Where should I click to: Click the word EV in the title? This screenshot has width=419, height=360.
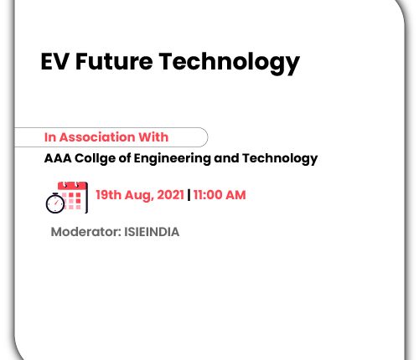pyautogui.click(x=54, y=61)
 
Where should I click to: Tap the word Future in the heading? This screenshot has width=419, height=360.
pyautogui.click(x=114, y=61)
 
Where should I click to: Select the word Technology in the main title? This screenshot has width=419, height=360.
pyautogui.click(x=230, y=63)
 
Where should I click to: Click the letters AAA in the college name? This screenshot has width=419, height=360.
pyautogui.click(x=58, y=158)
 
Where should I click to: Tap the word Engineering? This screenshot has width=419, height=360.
pyautogui.click(x=172, y=159)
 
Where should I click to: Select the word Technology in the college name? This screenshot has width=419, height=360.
pyautogui.click(x=280, y=159)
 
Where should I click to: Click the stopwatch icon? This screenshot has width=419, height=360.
pyautogui.click(x=55, y=203)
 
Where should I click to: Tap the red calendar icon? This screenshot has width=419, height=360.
pyautogui.click(x=73, y=197)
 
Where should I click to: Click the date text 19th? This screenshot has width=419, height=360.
pyautogui.click(x=109, y=195)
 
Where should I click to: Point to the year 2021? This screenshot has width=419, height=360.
pyautogui.click(x=170, y=195)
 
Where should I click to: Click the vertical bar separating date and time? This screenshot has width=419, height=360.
pyautogui.click(x=189, y=195)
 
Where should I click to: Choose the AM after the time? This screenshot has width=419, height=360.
pyautogui.click(x=235, y=195)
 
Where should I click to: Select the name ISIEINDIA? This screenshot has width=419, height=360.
pyautogui.click(x=152, y=232)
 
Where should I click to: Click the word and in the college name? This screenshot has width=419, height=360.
pyautogui.click(x=226, y=158)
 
